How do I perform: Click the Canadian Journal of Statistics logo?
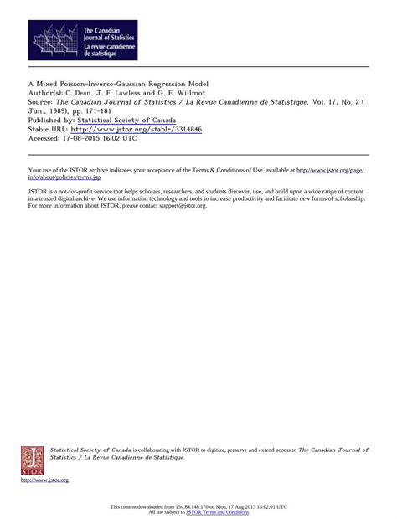click(x=83, y=40)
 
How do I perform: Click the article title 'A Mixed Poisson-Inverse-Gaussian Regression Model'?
click(x=118, y=84)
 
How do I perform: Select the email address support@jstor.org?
click(x=179, y=205)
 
